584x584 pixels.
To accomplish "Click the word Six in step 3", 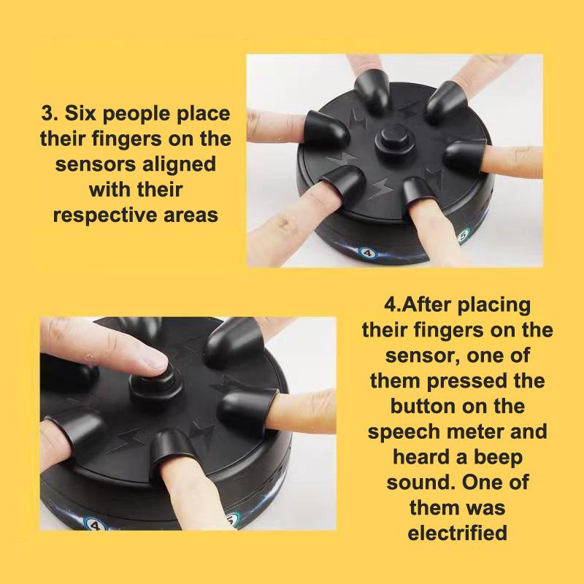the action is point(80,113).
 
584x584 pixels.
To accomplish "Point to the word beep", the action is point(499,458).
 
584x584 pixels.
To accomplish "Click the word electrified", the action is point(458,533).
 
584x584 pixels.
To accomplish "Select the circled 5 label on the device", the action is point(463,235).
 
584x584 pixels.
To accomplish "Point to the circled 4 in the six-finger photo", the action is point(368,253).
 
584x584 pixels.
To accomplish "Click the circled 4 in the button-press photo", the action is point(93,525).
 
